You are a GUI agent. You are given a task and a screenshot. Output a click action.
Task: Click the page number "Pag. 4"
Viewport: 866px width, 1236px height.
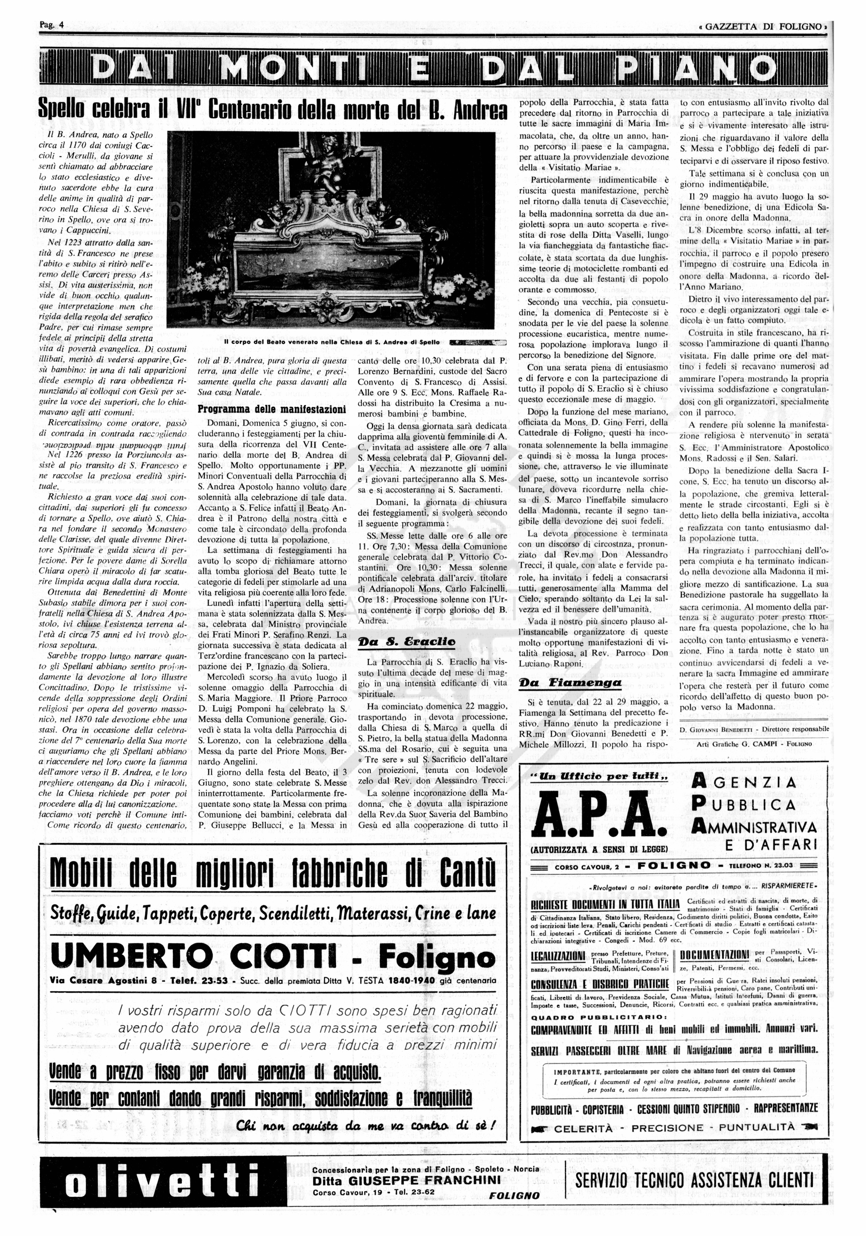(x=51, y=25)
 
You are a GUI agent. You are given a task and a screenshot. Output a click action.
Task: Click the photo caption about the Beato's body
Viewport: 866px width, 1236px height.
(x=331, y=342)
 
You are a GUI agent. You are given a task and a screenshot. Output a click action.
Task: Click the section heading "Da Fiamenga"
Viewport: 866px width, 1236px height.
(x=570, y=683)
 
